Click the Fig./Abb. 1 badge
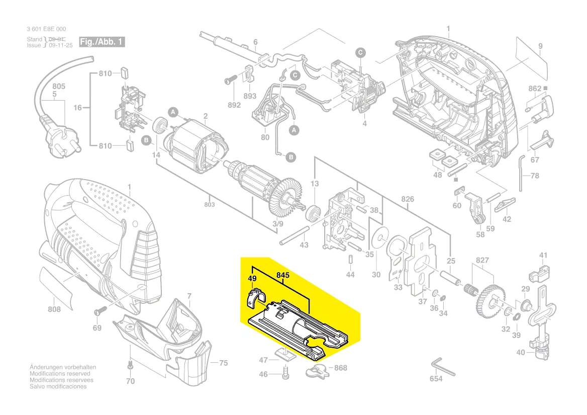click(x=102, y=41)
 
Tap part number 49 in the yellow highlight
click(x=252, y=278)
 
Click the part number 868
click(x=341, y=368)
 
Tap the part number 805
click(x=59, y=87)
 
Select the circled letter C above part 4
click(x=360, y=52)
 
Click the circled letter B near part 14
click(x=146, y=140)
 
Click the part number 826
click(x=408, y=199)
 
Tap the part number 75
click(x=223, y=363)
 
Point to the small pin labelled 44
click(x=350, y=262)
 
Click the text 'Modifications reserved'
click(x=60, y=374)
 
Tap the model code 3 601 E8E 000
click(x=46, y=29)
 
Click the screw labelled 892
click(x=231, y=80)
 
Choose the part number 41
click(x=543, y=256)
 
